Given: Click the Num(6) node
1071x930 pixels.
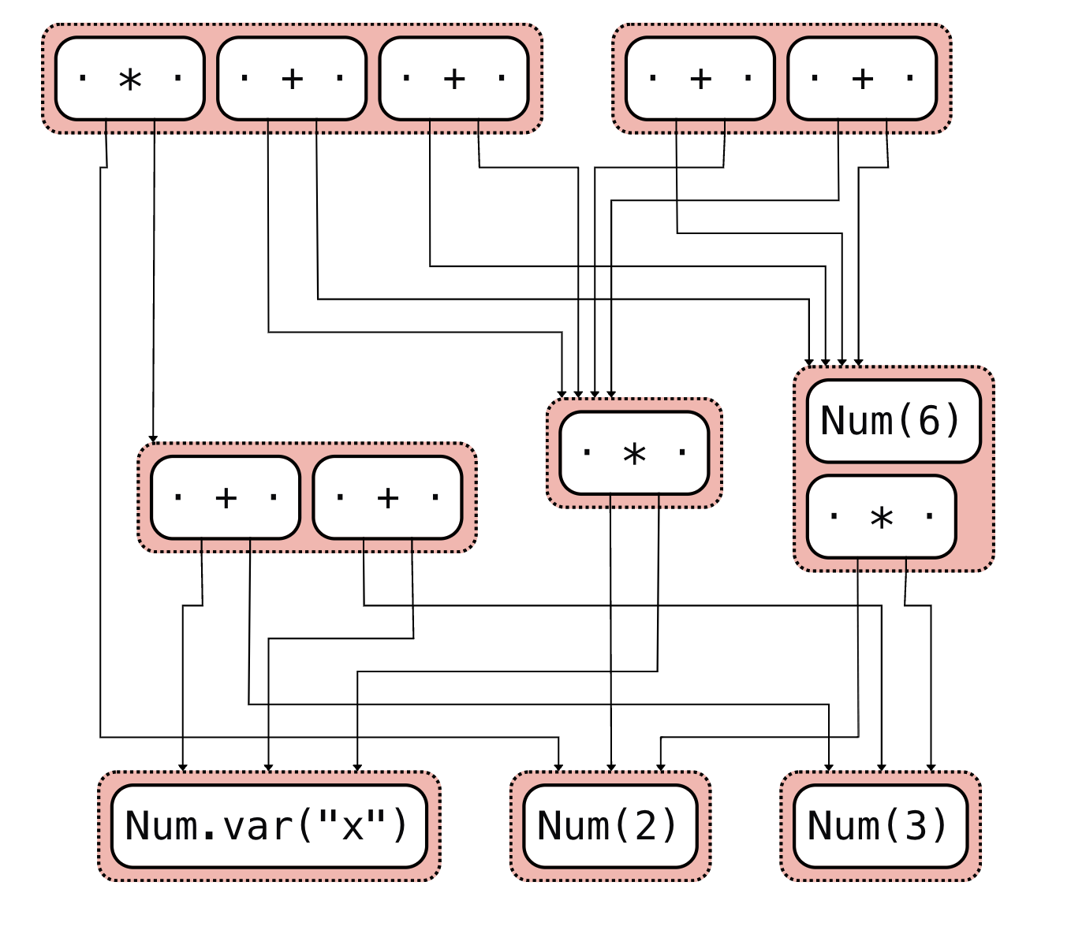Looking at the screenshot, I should tap(893, 421).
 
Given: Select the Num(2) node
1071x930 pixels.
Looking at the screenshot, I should tap(610, 826).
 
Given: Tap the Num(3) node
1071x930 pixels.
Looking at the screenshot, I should tap(879, 826).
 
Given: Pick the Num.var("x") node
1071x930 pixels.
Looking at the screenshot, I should tap(268, 826).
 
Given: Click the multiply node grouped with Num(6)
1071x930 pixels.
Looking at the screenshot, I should tap(881, 517).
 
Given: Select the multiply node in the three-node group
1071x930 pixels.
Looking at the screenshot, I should tap(130, 79).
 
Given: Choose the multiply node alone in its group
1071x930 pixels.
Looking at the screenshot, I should tap(634, 453).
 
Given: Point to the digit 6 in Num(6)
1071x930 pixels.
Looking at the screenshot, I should tap(929, 421).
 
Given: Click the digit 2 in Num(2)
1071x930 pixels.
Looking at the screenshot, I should tap(646, 826).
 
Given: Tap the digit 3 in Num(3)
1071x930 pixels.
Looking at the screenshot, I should tap(916, 826).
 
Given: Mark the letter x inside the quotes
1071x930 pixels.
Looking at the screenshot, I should tap(353, 826).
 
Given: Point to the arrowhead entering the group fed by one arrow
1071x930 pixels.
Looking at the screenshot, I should tap(153, 439).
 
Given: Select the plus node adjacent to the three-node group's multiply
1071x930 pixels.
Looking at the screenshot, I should tap(292, 79).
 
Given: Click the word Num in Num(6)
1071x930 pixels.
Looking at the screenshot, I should tap(856, 421).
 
